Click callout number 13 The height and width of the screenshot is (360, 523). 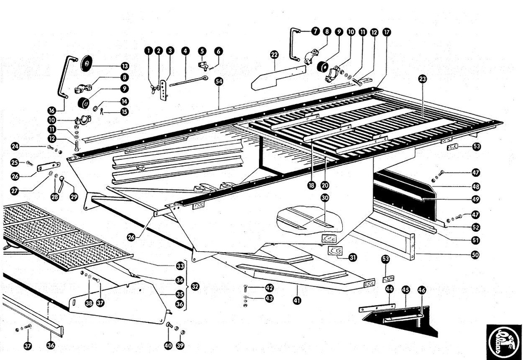(x=125, y=66)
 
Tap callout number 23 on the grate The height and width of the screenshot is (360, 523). (x=422, y=79)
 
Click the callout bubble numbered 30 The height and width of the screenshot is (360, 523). (x=325, y=198)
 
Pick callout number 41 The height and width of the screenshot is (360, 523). (x=297, y=301)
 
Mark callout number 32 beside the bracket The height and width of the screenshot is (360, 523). (x=195, y=287)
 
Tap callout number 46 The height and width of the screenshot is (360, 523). (x=422, y=290)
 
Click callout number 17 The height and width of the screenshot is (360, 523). (x=386, y=32)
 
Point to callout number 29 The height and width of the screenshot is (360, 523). (x=74, y=197)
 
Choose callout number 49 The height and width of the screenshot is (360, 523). (x=476, y=199)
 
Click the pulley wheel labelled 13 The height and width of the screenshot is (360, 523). (x=86, y=63)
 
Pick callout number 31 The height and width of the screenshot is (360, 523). (x=352, y=258)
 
